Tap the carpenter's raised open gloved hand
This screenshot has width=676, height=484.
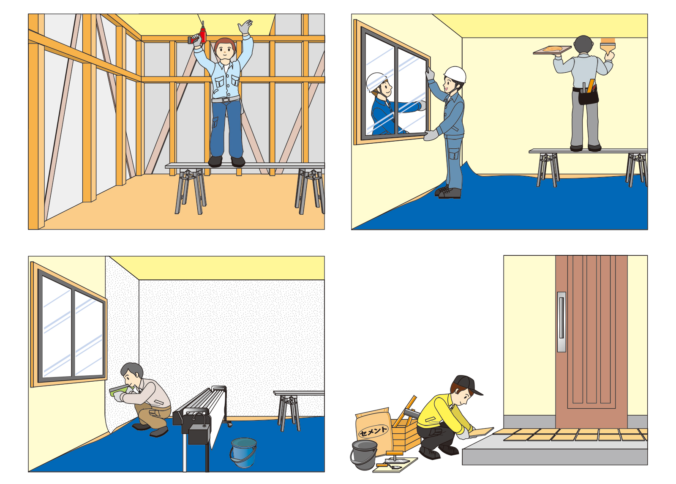pyautogui.click(x=245, y=27)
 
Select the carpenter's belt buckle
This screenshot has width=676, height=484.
pyautogui.click(x=226, y=100)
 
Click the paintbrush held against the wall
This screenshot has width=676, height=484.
pyautogui.click(x=607, y=48)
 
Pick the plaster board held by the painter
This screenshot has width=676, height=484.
pyautogui.click(x=552, y=50)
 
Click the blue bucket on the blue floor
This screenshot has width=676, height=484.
pyautogui.click(x=243, y=452)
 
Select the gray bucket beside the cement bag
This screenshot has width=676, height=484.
pyautogui.click(x=364, y=455)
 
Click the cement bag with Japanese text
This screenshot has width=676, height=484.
pyautogui.click(x=374, y=431)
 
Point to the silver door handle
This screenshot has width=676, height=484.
pyautogui.click(x=562, y=322)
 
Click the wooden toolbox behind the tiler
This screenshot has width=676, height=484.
pyautogui.click(x=406, y=430)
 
